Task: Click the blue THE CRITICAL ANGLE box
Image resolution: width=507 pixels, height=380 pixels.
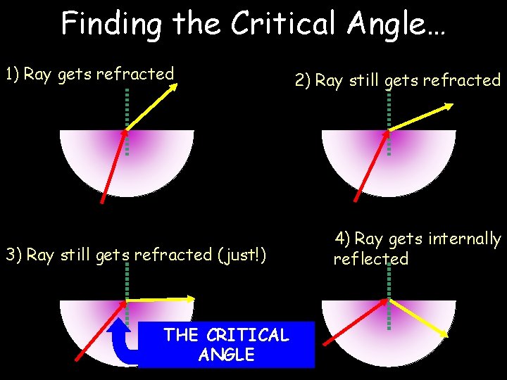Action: tap(226, 345)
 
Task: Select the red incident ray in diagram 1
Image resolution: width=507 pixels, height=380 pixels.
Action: tap(114, 166)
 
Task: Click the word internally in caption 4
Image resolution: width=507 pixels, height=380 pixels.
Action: tap(465, 239)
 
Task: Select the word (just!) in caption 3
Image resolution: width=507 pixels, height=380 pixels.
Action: tap(242, 254)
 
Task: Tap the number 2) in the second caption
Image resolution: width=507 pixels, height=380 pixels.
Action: tap(302, 80)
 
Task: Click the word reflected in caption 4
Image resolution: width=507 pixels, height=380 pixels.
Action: tap(370, 259)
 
